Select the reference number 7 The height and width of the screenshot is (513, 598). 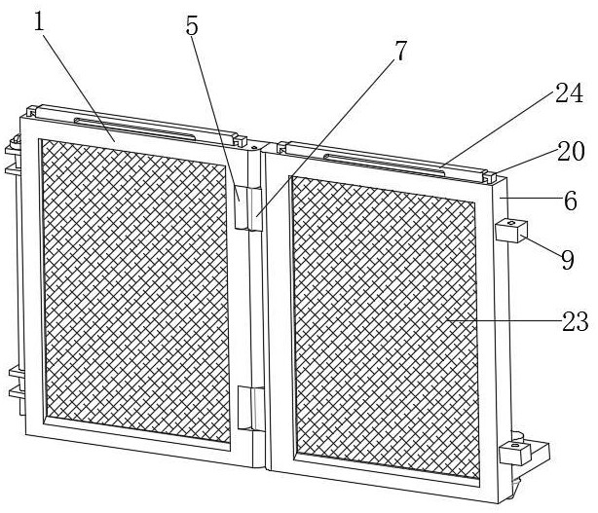[399, 53]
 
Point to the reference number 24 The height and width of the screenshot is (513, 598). [571, 94]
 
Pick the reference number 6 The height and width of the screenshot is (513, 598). [571, 202]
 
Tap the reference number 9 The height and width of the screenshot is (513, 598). [567, 260]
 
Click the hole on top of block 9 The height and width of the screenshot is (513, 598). [510, 224]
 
